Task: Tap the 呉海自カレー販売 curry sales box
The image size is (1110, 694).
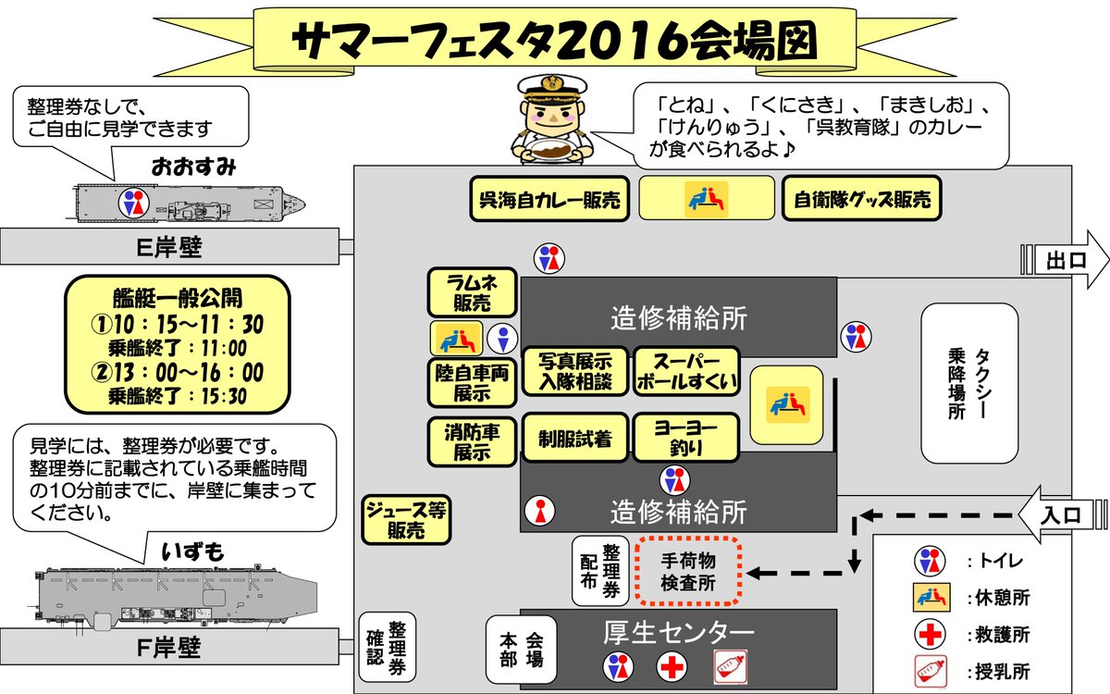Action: coord(549,199)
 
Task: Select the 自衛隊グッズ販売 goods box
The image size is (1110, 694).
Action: coord(861,199)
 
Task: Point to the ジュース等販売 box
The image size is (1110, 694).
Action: coord(407,520)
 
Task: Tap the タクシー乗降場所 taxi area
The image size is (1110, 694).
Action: coord(969,383)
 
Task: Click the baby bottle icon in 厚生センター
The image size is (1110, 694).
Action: coord(730,665)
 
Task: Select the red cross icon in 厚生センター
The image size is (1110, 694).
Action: coord(672,665)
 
